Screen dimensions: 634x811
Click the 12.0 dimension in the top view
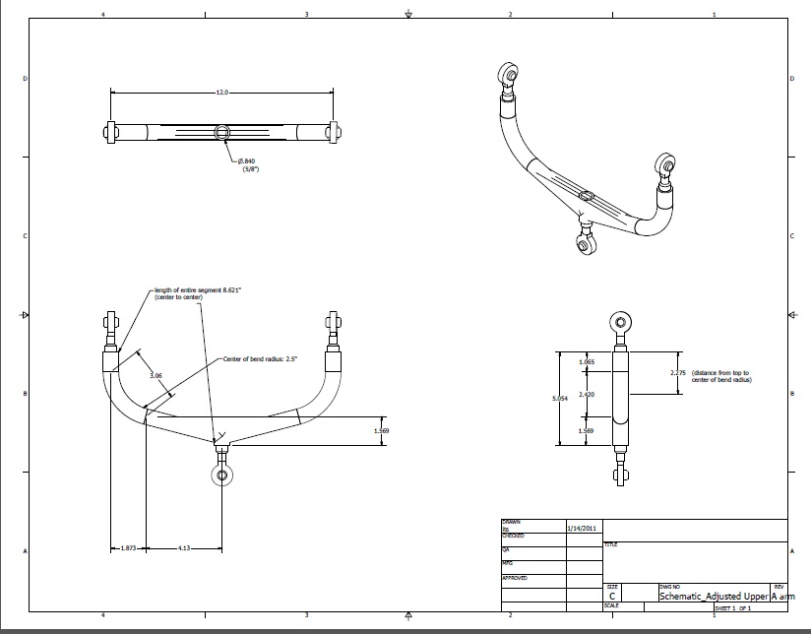point(221,93)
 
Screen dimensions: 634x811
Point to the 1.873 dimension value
point(128,547)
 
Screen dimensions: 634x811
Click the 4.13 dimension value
point(183,547)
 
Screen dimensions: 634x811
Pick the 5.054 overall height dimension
point(560,398)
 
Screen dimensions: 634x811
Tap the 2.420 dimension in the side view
point(587,394)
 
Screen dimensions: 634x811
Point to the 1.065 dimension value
point(587,362)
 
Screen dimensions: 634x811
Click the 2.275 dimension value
point(677,373)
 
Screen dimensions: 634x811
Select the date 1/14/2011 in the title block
point(583,529)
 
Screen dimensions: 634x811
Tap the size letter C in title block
point(613,597)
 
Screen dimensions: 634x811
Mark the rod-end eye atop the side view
point(621,320)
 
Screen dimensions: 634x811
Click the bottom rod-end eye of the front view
point(222,475)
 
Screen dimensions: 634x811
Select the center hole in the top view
point(223,132)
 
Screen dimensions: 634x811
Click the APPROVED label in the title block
point(516,577)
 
